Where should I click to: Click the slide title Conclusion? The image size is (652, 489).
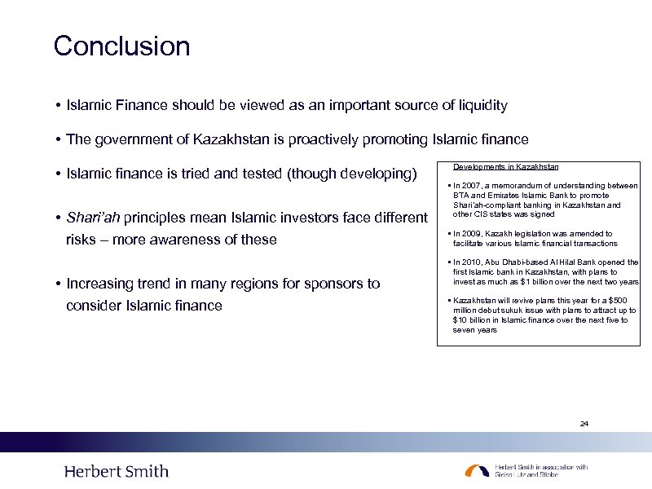pos(121,46)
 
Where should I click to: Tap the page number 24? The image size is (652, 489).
pos(584,424)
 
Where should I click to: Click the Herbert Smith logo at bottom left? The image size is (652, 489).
pos(116,471)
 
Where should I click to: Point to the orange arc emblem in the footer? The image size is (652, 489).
pos(478,470)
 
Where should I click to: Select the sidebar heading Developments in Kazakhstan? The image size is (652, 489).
pos(505,166)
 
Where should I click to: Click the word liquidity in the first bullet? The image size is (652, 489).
pos(482,105)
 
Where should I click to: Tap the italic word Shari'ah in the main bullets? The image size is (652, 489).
pos(93,218)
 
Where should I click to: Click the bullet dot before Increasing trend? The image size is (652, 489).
pos(59,284)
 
